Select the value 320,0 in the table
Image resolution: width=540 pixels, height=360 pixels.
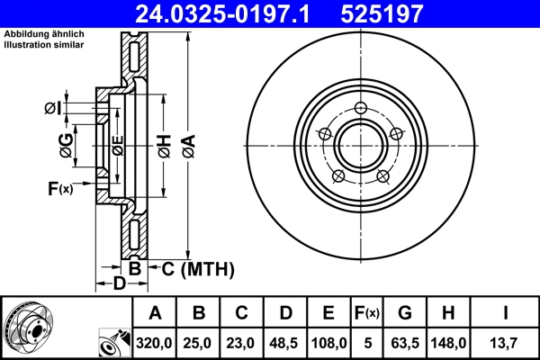(x=156, y=342)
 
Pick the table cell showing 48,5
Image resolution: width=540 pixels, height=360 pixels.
(x=285, y=342)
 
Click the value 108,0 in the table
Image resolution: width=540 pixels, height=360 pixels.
(x=328, y=342)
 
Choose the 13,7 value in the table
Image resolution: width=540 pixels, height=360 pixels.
(x=504, y=342)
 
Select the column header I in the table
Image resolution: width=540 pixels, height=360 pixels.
(x=504, y=313)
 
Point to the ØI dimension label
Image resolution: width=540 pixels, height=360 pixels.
(x=53, y=109)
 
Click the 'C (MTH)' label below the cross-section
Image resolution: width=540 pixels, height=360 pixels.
(x=194, y=268)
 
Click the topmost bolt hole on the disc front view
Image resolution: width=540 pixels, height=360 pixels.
(x=361, y=110)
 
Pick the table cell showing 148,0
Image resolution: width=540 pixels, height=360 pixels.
(x=447, y=342)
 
